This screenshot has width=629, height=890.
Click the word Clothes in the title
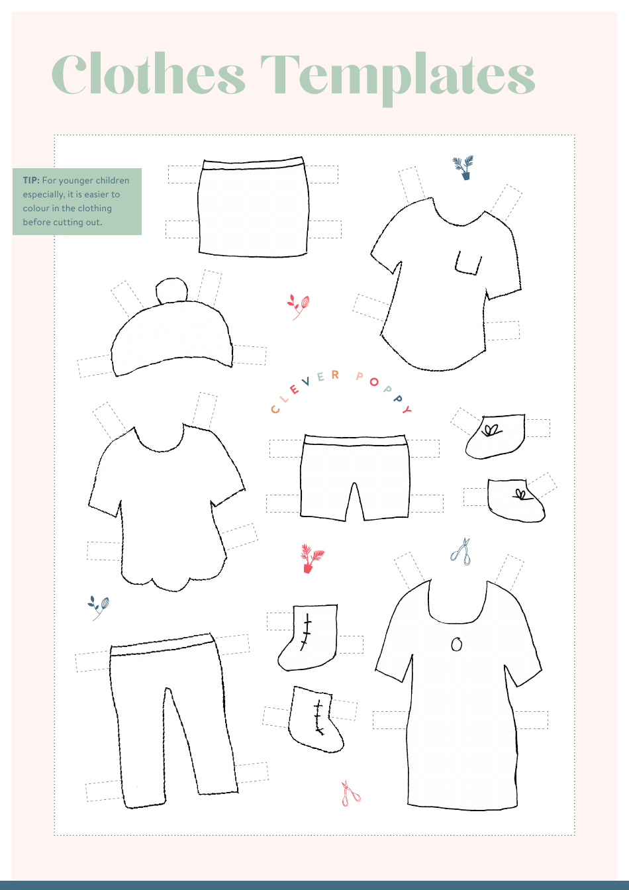148,74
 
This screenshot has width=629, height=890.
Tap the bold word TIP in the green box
30,180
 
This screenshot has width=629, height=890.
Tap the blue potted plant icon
464,168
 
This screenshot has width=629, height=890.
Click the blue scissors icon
461,552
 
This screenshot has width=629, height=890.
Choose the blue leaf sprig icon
99,606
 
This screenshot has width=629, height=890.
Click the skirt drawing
253,209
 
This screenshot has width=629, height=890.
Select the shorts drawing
355,477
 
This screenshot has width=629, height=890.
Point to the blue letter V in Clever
305,382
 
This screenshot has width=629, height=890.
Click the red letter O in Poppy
374,382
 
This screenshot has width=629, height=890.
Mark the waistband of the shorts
355,440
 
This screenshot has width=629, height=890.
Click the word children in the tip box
111,180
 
